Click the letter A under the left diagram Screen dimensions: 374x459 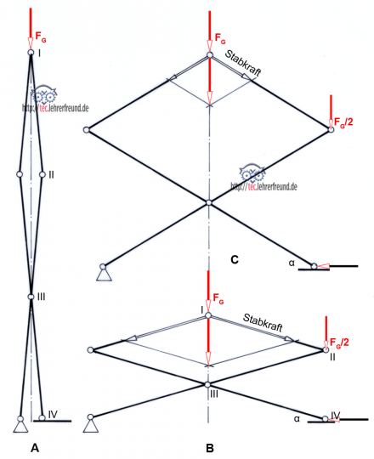tap(35, 448)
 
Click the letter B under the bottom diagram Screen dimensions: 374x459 tap(210, 448)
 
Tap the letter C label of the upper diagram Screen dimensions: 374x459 tap(235, 259)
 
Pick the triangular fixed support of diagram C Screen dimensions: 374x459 tap(105, 275)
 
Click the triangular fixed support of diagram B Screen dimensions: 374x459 tap(91, 426)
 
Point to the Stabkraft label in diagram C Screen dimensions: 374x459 tap(243, 63)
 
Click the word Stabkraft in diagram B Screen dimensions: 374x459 tap(263, 323)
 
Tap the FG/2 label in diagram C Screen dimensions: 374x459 tap(343, 122)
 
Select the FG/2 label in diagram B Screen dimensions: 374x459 tap(339, 343)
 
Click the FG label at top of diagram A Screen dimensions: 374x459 tap(41, 37)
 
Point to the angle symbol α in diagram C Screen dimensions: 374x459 tap(292, 263)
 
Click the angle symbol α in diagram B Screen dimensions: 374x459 tap(297, 418)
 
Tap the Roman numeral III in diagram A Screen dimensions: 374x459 tap(42, 297)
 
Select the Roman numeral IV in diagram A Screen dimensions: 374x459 tap(53, 414)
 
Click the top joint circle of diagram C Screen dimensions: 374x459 tap(210, 54)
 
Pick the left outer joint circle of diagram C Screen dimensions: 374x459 tap(87, 130)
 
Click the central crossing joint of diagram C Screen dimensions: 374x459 tap(208, 202)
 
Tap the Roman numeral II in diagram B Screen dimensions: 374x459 tap(332, 357)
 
